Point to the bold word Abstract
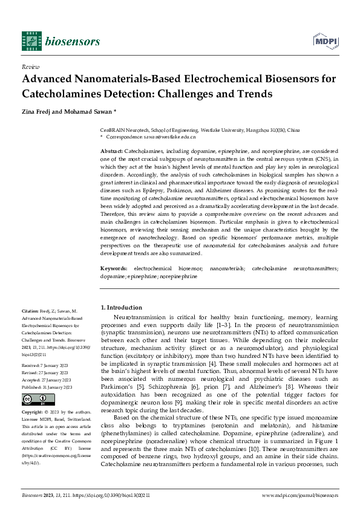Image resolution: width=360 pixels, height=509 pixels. coord(111,150)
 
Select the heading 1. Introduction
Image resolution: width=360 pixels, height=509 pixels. coord(121,307)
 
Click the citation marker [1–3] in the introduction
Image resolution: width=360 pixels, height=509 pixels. coord(208,325)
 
